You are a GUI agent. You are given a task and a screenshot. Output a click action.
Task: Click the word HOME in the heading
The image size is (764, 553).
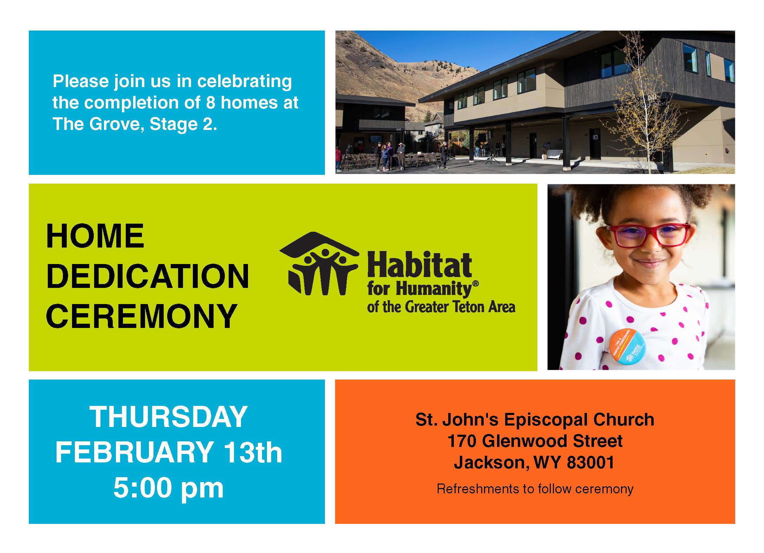coord(95,236)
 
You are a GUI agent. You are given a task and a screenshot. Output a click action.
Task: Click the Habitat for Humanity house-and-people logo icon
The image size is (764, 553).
coord(319,263)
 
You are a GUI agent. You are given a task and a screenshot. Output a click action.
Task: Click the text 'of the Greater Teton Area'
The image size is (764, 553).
coord(441,307)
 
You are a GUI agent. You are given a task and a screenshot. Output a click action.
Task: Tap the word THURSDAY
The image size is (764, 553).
coord(169,417)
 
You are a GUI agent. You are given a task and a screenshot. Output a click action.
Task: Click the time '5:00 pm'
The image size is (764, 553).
coord(169,488)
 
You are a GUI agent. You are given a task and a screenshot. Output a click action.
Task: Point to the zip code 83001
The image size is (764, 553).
coord(590,462)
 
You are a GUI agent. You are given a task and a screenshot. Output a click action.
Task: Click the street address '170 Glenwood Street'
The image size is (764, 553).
coord(535,441)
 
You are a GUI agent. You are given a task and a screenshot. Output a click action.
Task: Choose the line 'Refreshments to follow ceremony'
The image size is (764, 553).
coord(535,489)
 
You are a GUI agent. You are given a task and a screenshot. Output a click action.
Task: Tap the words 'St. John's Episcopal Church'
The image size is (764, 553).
coord(535,420)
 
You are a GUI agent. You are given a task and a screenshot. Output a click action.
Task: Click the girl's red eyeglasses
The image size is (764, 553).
coord(649,235)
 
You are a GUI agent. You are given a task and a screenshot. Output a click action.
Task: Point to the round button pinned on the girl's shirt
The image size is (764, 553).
coord(627,346)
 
